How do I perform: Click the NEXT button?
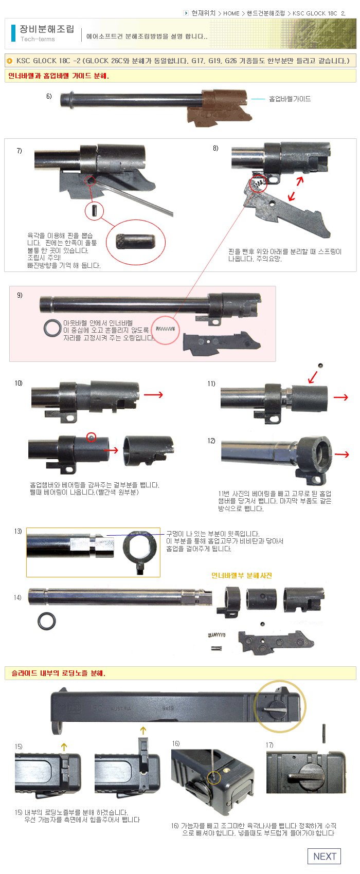325,856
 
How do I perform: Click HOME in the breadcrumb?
231,13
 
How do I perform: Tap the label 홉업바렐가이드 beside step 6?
290,99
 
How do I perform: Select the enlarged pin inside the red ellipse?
136,241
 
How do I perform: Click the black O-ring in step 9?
52,328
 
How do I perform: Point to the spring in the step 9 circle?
165,329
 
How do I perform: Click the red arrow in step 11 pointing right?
340,397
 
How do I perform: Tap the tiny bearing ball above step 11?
320,366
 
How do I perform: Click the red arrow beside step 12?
342,454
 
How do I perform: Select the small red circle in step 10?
92,437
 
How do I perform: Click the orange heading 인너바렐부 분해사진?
242,575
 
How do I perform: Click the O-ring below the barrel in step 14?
47,621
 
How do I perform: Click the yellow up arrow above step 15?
64,747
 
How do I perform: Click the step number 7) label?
19,151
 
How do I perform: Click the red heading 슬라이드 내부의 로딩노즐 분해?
58,673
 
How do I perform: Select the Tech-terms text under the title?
38,39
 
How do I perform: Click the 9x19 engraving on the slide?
168,708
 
